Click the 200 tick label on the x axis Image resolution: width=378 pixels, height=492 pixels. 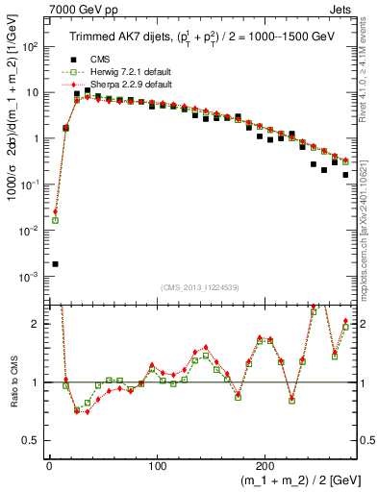point(265,462)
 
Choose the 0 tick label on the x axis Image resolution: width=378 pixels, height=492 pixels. point(49,462)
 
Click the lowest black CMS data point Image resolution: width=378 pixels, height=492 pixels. point(55,263)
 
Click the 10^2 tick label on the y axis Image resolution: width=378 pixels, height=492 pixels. point(31,46)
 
